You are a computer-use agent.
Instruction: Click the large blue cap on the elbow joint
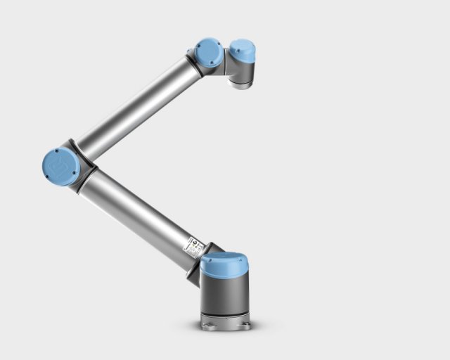(x=61, y=167)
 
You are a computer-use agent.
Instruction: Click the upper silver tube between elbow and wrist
(x=137, y=109)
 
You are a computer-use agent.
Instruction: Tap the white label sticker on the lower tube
(x=193, y=247)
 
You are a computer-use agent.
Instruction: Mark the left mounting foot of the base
(x=205, y=324)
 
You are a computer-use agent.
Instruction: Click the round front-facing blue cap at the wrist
(x=209, y=53)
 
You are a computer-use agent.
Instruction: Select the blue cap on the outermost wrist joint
(x=242, y=49)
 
